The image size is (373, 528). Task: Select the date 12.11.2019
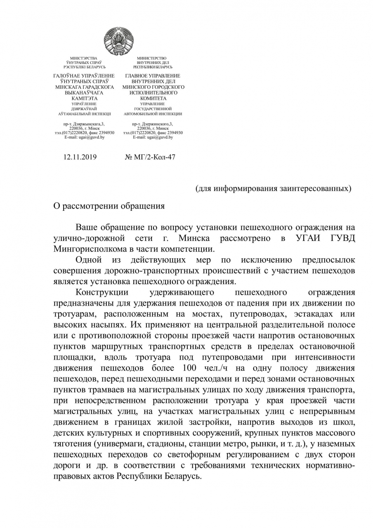click(x=80, y=157)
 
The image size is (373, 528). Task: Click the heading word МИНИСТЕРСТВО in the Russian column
click(x=152, y=58)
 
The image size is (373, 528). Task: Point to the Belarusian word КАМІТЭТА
click(x=84, y=99)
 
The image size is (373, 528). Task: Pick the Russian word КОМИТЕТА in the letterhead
click(x=153, y=99)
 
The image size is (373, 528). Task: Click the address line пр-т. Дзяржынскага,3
click(x=84, y=124)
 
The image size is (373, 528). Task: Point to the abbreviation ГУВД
click(x=340, y=238)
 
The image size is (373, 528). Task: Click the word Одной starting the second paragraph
click(x=89, y=260)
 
